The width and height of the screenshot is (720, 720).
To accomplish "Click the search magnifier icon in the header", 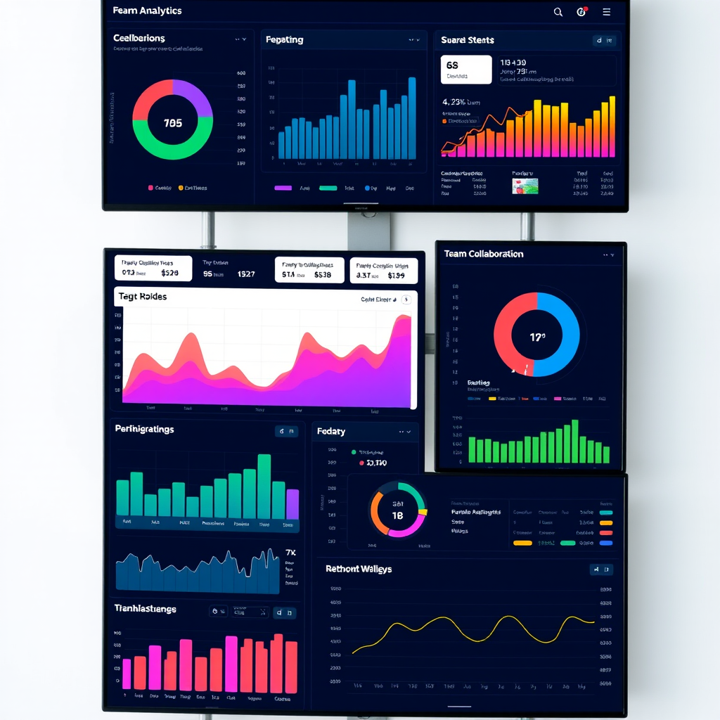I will coord(558,12).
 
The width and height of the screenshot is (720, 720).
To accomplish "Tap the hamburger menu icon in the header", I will coord(606,12).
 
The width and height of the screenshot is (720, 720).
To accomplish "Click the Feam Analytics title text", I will coord(147,11).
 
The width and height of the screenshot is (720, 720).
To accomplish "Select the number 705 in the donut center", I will coord(172,123).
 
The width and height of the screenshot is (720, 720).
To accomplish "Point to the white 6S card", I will coord(465,70).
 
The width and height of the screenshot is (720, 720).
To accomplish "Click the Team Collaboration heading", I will coord(484,254).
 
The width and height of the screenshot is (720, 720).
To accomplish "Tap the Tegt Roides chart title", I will coord(143,297).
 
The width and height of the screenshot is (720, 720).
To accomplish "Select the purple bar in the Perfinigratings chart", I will coord(292,504).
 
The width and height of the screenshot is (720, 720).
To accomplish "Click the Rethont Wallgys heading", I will coord(359,569).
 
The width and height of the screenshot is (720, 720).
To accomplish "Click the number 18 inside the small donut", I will coord(397,515).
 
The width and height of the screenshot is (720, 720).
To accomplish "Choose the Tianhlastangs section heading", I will coord(146,609).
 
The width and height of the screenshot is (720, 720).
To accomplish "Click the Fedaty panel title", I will coord(331,431).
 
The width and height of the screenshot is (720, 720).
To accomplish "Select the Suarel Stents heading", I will coord(468,40).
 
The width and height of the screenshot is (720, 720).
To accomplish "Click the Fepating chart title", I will coord(285,40).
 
